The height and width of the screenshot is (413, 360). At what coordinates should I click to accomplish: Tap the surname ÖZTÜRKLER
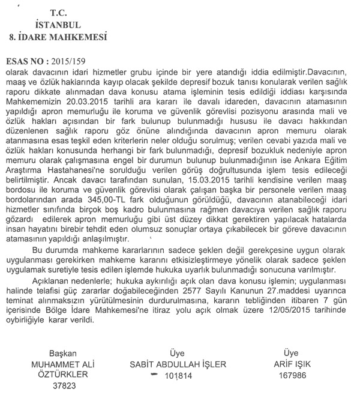tap(64, 375)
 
